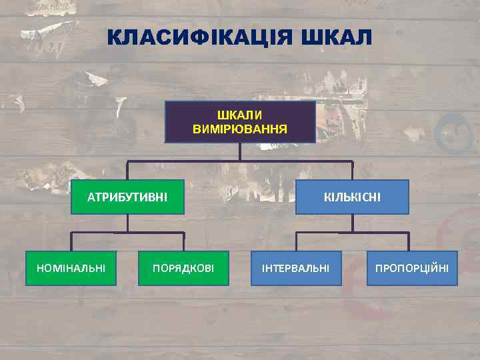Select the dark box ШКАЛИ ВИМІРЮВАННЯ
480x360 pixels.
click(240, 122)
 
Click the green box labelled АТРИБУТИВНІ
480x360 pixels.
click(127, 197)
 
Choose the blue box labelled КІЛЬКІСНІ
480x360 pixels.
click(352, 197)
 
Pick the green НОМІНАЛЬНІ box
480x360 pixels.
click(71, 268)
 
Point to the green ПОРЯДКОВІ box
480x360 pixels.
click(183, 268)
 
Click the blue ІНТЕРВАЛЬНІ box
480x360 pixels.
click(296, 268)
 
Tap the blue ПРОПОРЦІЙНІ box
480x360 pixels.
click(412, 268)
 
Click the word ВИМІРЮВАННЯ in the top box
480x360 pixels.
click(240, 128)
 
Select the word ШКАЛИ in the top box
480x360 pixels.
click(240, 115)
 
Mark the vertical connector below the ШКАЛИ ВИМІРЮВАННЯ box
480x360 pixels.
click(240, 152)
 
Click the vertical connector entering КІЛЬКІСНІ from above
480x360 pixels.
click(352, 171)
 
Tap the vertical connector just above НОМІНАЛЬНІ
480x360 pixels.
click(71, 241)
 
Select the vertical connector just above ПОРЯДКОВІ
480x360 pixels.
click(183, 241)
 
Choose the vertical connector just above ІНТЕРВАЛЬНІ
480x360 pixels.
click(296, 241)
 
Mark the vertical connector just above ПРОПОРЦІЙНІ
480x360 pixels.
click(409, 241)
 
